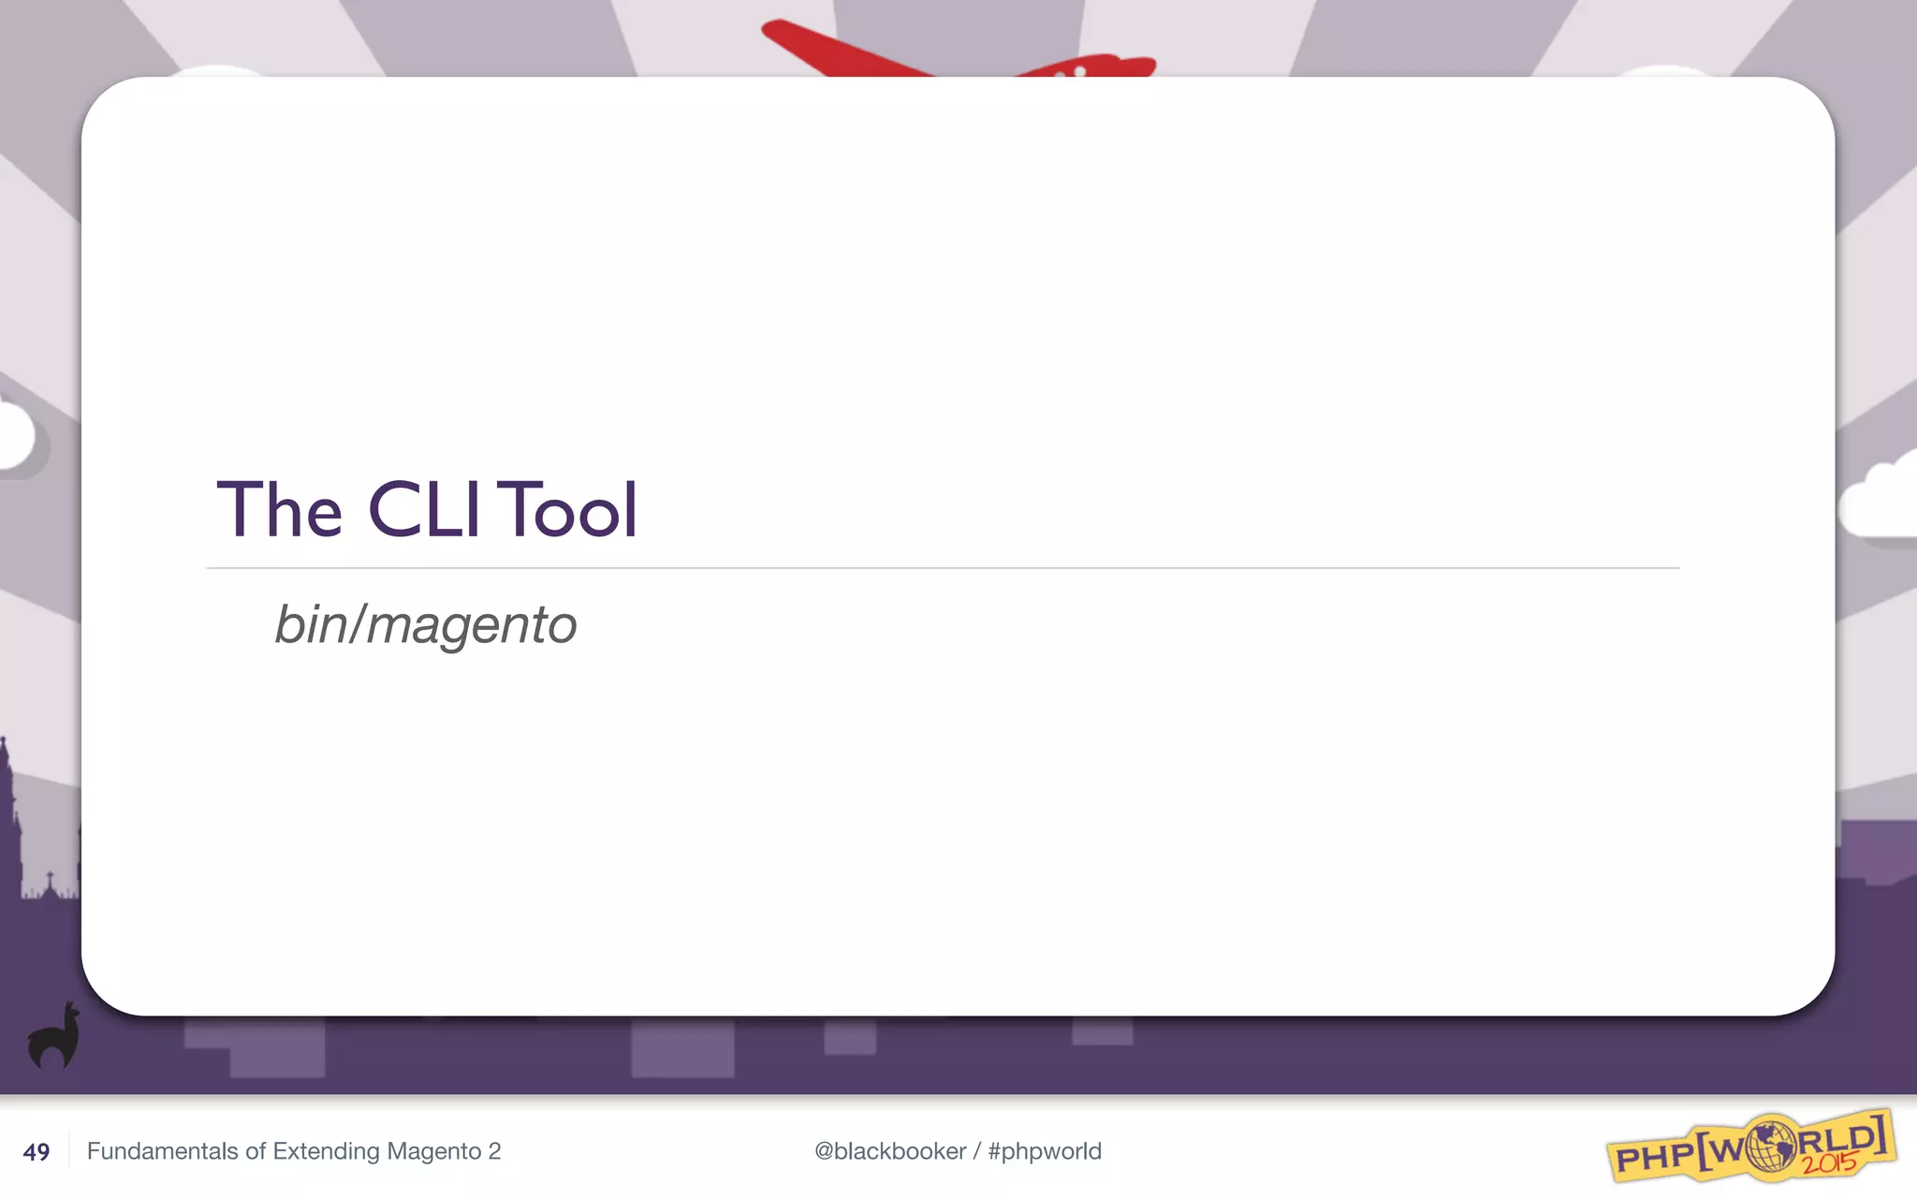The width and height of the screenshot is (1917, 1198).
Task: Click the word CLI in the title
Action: click(424, 510)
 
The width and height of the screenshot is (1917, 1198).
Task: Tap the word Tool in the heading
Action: click(567, 510)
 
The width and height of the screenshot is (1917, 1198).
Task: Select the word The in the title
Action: click(279, 510)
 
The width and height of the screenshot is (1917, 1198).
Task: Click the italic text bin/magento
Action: click(425, 624)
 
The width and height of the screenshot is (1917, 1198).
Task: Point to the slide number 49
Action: click(37, 1152)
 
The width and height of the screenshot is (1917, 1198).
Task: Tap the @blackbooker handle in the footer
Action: click(890, 1151)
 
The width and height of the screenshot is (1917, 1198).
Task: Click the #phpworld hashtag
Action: click(1045, 1151)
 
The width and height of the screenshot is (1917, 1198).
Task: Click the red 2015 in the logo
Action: click(1830, 1163)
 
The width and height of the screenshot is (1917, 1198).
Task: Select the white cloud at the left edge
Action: click(17, 436)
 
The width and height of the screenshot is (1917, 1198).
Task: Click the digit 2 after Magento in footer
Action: click(494, 1151)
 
